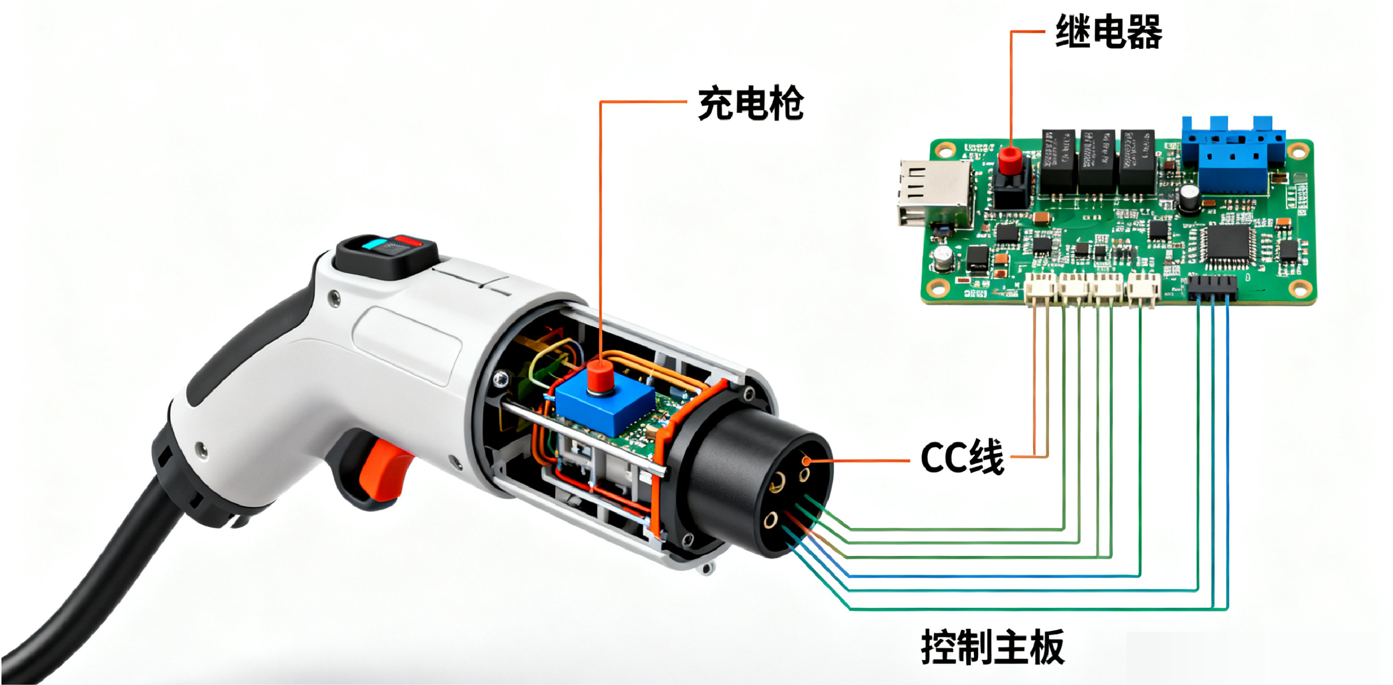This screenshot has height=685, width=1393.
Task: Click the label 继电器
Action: click(1109, 32)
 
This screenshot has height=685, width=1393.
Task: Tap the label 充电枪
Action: click(751, 103)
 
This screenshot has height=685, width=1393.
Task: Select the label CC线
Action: click(962, 458)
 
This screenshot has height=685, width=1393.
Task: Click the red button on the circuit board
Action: click(1009, 160)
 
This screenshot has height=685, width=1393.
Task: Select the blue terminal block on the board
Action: click(1233, 157)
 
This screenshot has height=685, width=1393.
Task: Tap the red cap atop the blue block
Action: click(600, 376)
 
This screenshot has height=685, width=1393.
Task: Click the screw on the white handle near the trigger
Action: click(201, 448)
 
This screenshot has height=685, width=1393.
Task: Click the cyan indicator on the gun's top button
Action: click(373, 244)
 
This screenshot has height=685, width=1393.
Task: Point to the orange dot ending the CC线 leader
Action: click(806, 461)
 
